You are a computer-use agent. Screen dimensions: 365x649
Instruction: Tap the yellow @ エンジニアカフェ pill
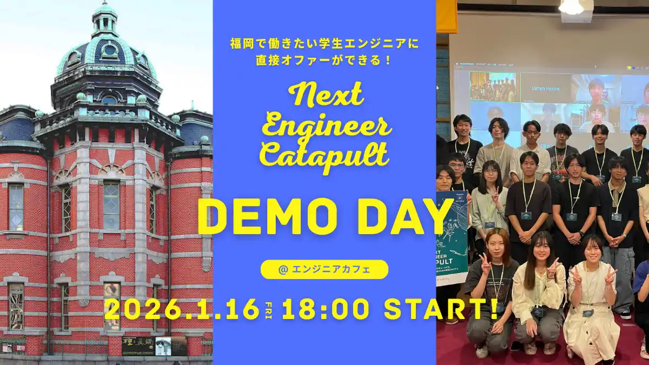tap(325, 269)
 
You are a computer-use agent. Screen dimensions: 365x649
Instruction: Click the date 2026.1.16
tap(182, 309)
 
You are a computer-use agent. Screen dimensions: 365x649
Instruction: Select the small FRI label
tap(269, 309)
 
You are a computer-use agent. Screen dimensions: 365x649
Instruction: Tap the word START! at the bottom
tap(441, 309)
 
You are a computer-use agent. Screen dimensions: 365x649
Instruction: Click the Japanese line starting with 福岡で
tap(325, 43)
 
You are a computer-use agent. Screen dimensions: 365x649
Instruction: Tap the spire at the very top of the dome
tap(104, 14)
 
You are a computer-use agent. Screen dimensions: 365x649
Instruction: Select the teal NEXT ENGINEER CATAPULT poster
tap(452, 238)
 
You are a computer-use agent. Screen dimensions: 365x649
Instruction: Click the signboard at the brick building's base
tap(154, 346)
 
